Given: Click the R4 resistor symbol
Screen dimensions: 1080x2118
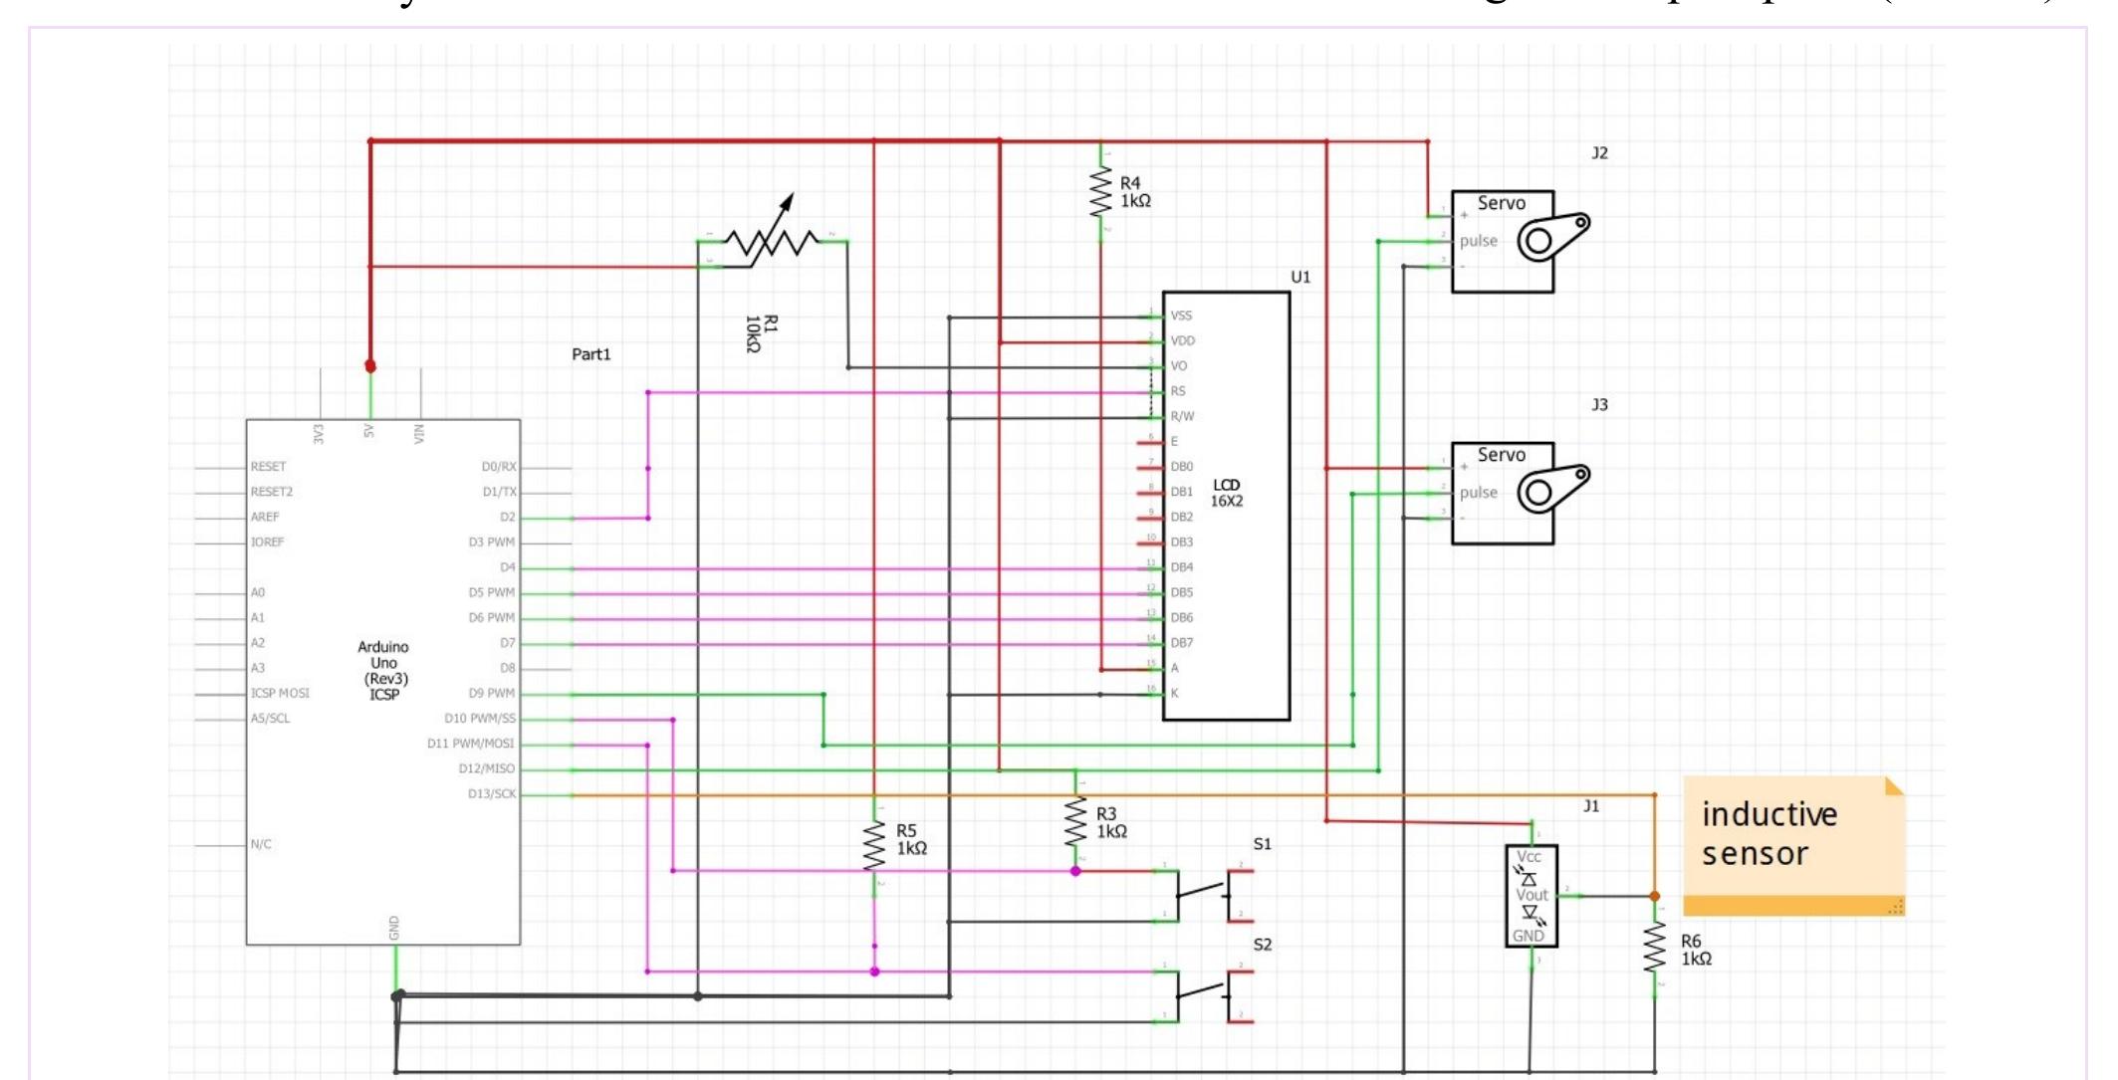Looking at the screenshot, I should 1100,191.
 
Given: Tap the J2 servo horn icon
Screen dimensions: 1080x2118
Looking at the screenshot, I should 1552,237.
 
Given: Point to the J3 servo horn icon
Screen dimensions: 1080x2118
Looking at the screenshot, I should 1552,489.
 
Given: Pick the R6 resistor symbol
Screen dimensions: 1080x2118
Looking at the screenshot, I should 1654,949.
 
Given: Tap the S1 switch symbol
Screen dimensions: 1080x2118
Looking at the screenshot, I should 1215,894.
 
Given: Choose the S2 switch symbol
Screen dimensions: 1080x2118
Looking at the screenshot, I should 1215,994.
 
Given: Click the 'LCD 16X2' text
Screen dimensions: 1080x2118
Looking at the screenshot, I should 1227,493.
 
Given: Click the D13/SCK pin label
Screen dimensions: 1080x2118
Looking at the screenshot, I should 492,794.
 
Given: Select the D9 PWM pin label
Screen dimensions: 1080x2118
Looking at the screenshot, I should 492,694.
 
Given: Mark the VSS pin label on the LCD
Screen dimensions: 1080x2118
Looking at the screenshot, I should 1181,316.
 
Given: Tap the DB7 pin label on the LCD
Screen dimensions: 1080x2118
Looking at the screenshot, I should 1182,643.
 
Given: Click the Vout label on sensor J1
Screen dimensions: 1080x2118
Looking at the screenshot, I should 1531,895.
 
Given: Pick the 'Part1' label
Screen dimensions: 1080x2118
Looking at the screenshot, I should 591,354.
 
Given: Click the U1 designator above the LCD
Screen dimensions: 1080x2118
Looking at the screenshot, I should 1300,277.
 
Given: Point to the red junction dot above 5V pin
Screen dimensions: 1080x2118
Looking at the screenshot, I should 370,366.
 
